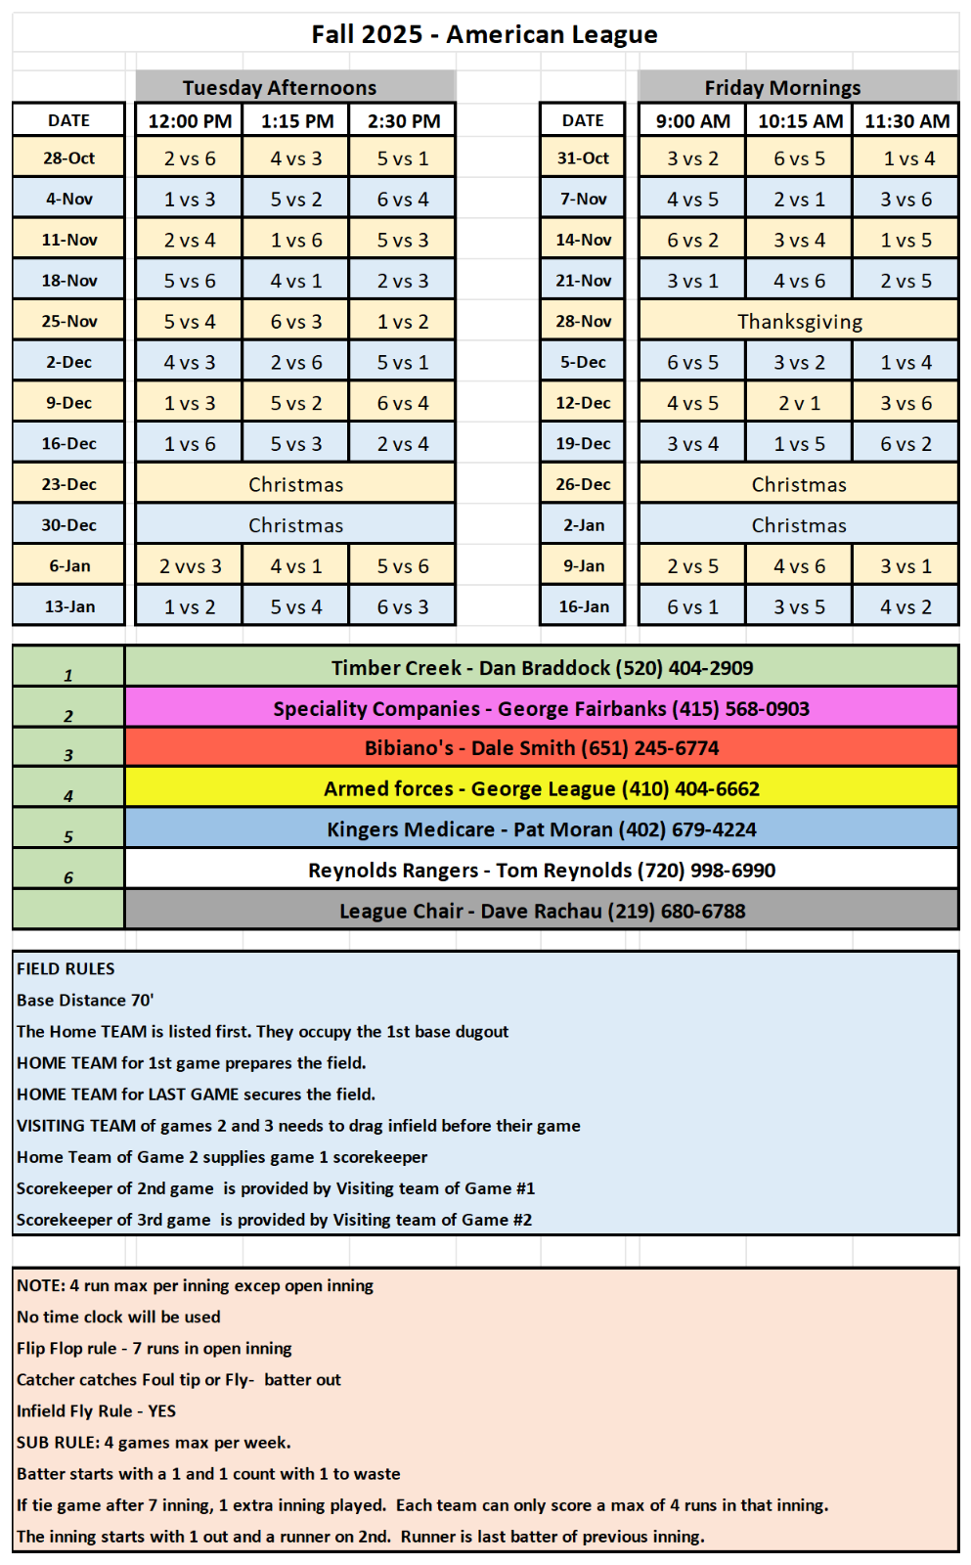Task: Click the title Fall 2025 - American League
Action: coord(484,34)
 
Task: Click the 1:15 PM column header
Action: coord(297,121)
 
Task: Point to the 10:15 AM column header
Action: coord(800,121)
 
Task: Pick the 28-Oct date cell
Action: coord(68,157)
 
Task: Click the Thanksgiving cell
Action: coord(799,321)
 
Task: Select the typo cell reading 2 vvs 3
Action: coord(190,566)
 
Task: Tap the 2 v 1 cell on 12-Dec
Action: coord(799,403)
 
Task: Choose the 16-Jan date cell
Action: coord(583,606)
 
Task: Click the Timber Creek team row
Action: coord(542,668)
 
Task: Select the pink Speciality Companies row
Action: coord(541,708)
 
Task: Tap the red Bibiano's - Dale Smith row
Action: coord(541,748)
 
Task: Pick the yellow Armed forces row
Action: coord(541,788)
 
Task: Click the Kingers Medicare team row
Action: coord(541,829)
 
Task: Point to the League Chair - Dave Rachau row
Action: coord(541,911)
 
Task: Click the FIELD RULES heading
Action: coord(66,968)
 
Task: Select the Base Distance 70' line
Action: coord(85,1000)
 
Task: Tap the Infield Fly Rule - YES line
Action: coord(96,1410)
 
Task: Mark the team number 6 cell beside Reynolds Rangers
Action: coord(68,871)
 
